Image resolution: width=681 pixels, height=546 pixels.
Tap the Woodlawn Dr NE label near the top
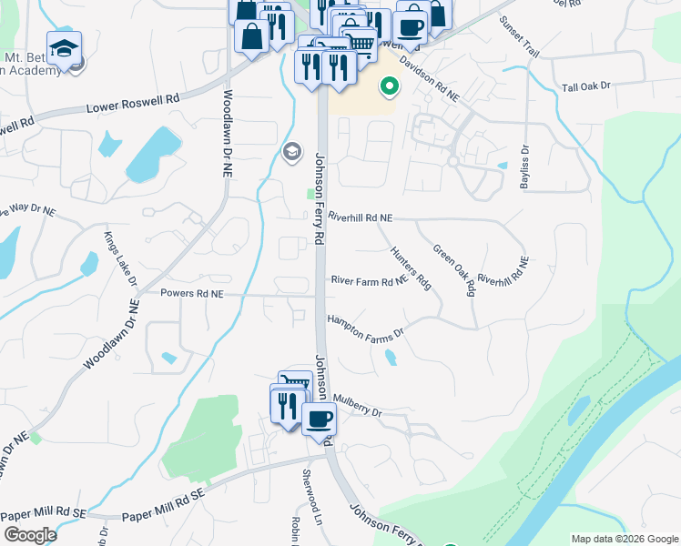[x=228, y=133]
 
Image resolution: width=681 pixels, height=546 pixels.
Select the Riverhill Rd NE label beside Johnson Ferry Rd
[x=360, y=218]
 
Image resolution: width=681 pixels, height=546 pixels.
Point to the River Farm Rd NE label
[x=368, y=281]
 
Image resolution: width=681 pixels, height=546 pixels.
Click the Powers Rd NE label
[x=191, y=294]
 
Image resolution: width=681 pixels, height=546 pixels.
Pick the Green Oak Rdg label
[x=454, y=269]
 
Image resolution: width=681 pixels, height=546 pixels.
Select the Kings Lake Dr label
[x=115, y=258]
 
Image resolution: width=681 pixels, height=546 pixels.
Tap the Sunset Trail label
[x=518, y=37]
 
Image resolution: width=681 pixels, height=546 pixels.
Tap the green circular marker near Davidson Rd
[x=390, y=87]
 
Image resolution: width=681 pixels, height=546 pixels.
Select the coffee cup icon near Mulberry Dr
[x=319, y=419]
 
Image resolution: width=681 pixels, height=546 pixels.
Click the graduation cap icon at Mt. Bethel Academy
[x=65, y=47]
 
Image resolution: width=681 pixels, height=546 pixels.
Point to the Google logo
[x=29, y=535]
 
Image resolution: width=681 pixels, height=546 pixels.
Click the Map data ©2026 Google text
[x=624, y=539]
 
